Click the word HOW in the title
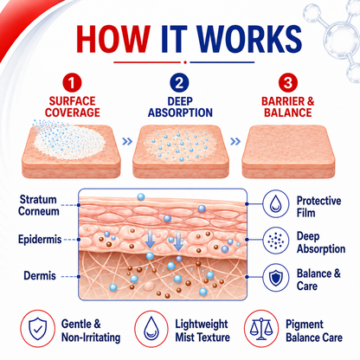113,39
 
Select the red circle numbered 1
72,83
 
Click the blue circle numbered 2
179,83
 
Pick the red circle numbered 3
287,83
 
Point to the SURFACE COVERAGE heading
73,106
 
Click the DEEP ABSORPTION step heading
180,106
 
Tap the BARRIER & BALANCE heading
288,106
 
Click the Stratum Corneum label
39,205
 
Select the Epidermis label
40,240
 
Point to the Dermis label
40,276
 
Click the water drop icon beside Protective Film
276,203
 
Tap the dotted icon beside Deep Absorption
276,240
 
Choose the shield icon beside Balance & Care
276,277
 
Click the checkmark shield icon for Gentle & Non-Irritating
38,329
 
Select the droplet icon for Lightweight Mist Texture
151,329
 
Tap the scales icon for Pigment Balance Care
261,329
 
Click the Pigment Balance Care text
314,331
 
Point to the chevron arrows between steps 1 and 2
127,141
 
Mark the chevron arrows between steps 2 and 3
235,141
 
